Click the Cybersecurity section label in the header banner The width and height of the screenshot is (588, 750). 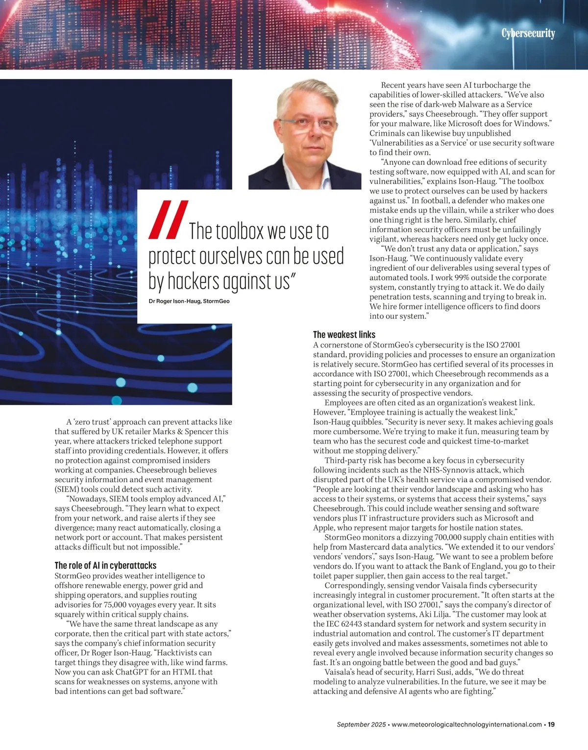pyautogui.click(x=528, y=33)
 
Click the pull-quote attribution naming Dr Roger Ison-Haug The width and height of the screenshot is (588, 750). pyautogui.click(x=189, y=301)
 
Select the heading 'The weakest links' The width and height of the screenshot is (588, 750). pyautogui.click(x=344, y=335)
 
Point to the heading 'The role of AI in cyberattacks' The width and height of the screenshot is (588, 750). pyautogui.click(x=105, y=566)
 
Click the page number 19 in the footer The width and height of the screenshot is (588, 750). pyautogui.click(x=551, y=725)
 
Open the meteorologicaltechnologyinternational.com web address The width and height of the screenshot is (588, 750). pyautogui.click(x=467, y=725)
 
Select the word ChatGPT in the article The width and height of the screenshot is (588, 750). pyautogui.click(x=134, y=672)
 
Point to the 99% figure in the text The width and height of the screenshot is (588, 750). pyautogui.click(x=456, y=277)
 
